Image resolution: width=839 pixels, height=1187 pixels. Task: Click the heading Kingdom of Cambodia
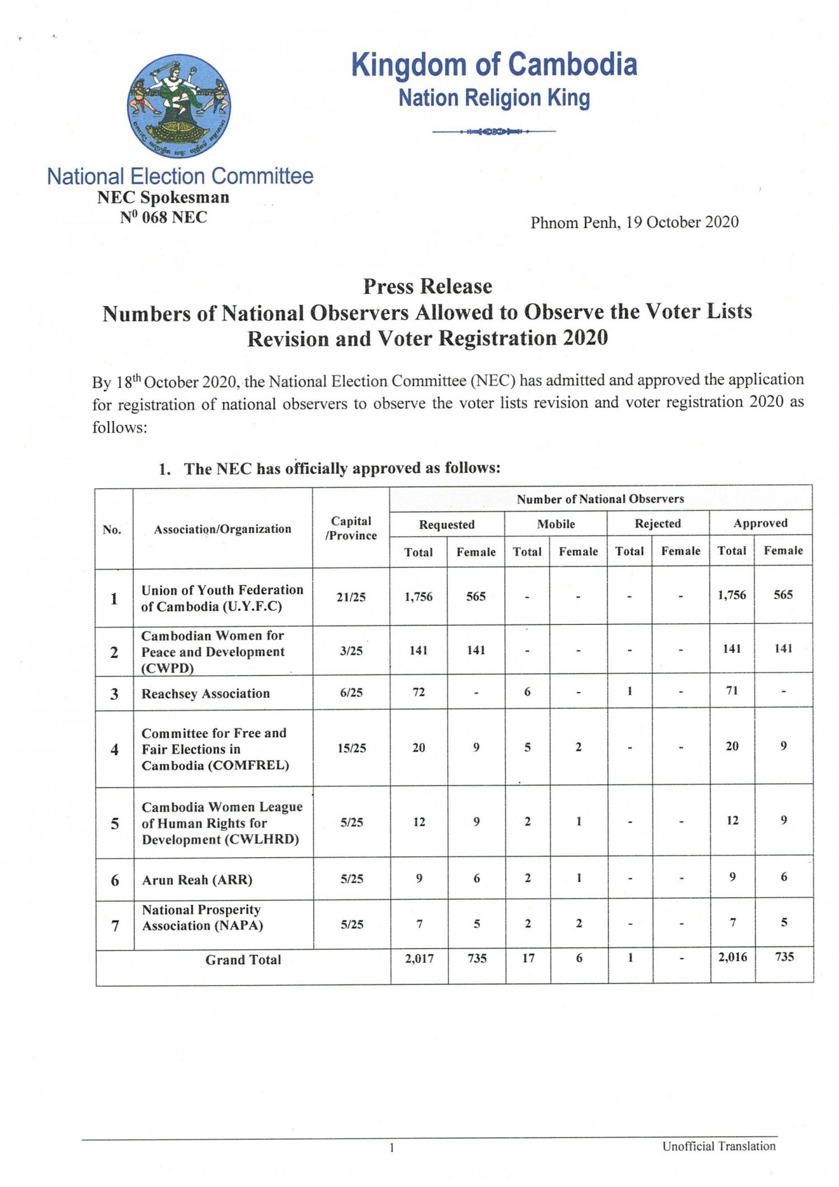494,64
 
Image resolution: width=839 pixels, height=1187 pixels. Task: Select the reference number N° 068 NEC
163,217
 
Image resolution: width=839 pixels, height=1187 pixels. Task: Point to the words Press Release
427,286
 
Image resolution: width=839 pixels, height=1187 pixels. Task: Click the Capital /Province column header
351,528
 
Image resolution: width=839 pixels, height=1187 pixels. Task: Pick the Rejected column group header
658,524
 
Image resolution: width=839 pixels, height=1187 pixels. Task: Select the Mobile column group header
556,524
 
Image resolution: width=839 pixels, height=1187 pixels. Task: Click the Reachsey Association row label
205,694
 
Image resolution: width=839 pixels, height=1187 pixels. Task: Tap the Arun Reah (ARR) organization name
197,880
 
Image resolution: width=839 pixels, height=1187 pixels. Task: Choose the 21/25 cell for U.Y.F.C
351,597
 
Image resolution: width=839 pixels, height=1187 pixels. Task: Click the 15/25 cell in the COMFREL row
352,748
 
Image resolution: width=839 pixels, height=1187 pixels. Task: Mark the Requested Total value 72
418,693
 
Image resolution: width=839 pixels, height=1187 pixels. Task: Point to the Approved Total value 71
732,690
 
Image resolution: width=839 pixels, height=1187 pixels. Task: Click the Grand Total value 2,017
419,959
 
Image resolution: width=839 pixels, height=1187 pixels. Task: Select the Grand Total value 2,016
733,957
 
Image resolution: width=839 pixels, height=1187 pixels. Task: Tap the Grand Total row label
243,960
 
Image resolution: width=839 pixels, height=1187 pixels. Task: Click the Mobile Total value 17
528,958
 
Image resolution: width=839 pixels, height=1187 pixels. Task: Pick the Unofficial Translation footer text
719,1146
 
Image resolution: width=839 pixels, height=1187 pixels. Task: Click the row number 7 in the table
115,926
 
